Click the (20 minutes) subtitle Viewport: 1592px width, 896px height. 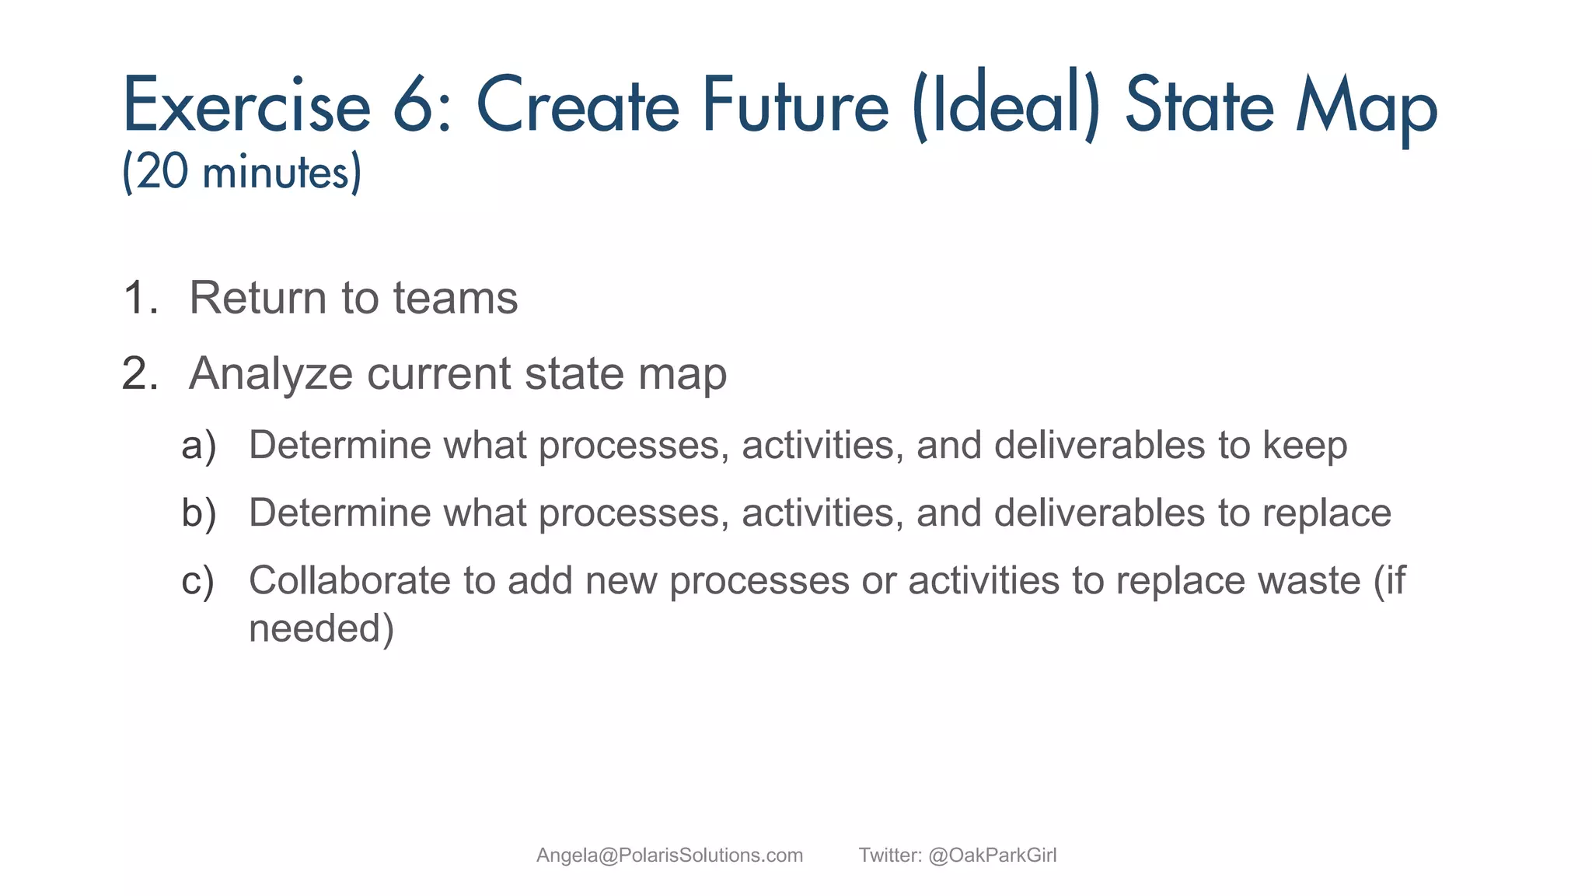coord(242,172)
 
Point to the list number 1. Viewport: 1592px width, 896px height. coord(140,298)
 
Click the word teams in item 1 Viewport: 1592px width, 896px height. coord(455,298)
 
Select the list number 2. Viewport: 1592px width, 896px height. coord(140,373)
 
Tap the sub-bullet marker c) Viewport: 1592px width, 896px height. coord(197,582)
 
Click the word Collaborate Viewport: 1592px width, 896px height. coord(349,581)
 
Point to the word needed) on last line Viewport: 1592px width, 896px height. coord(321,628)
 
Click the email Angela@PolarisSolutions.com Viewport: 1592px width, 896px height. coord(669,856)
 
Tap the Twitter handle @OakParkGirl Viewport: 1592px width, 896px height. coord(992,856)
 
